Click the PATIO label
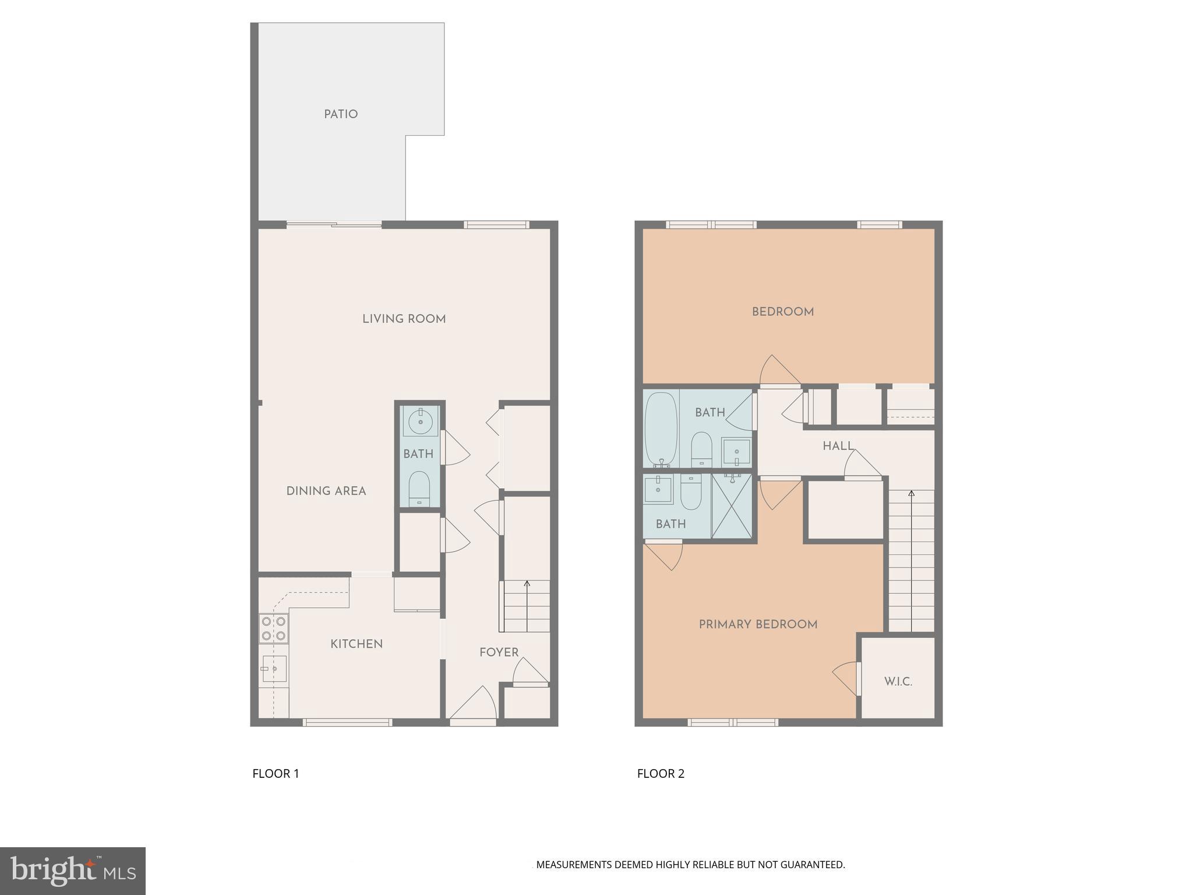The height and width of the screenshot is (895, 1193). pos(341,114)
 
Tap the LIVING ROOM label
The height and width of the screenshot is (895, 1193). pos(404,319)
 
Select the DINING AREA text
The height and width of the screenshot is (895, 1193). pos(326,491)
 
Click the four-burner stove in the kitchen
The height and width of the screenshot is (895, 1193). pos(273,629)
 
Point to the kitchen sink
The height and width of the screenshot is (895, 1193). pos(273,668)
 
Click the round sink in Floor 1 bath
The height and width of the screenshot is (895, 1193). pos(421,420)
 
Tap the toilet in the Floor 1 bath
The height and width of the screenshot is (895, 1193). pos(419,488)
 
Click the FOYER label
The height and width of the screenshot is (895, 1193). pos(499,653)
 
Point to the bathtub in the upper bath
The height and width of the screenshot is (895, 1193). pos(661,429)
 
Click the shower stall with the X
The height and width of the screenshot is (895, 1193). pos(732,506)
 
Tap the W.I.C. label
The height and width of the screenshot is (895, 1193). pos(898,682)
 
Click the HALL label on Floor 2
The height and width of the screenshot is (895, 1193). pos(838,446)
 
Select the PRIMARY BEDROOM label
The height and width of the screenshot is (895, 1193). pos(758,625)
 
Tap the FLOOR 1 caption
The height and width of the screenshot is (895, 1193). pos(276,774)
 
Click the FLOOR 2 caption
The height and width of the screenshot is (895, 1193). pos(661,774)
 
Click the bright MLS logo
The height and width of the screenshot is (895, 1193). pos(73,871)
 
